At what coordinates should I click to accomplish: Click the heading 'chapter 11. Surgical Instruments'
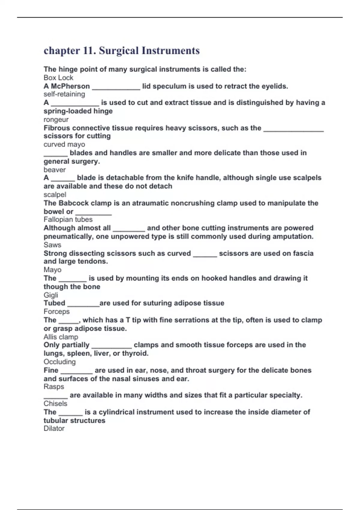click(x=121, y=51)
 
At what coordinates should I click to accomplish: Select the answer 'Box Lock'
click(x=58, y=78)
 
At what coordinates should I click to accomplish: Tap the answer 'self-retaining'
click(x=64, y=94)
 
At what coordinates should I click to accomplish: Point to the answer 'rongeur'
click(x=56, y=119)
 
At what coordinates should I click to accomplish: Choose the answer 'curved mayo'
click(x=64, y=144)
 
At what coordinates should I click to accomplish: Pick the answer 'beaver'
click(x=55, y=169)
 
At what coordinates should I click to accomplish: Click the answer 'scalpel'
click(x=55, y=194)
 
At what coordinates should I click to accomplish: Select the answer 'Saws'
click(x=52, y=244)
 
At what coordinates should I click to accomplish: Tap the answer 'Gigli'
click(x=51, y=295)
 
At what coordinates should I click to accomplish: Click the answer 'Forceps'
click(x=56, y=311)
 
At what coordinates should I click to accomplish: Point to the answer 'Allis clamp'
click(x=61, y=337)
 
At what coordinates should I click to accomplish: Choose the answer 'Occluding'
click(x=59, y=362)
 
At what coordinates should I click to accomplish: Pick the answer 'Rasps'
click(x=54, y=387)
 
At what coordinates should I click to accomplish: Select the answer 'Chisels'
click(x=55, y=403)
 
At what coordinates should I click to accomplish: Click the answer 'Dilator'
click(x=54, y=428)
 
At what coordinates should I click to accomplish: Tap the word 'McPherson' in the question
click(x=70, y=86)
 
